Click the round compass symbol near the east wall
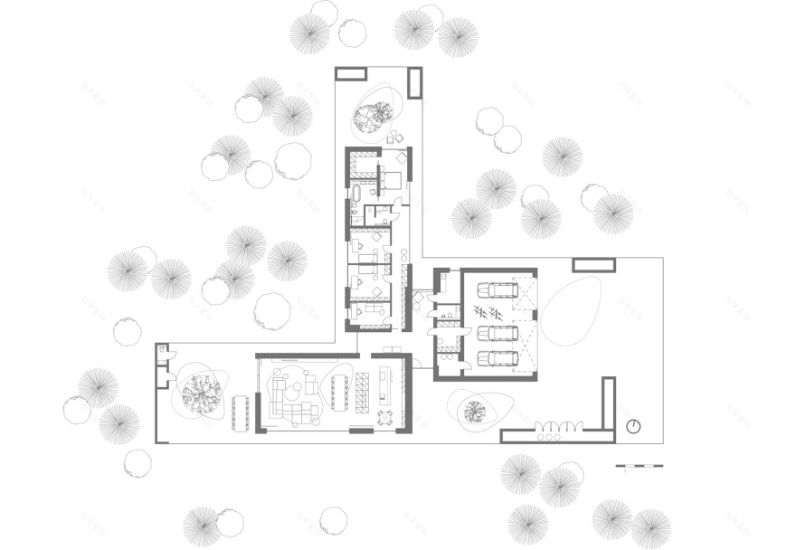[633, 426]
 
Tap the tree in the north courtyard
[371, 116]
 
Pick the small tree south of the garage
[473, 412]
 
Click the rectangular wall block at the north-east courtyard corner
[415, 82]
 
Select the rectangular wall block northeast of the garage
[594, 264]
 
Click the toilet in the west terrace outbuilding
[162, 357]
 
